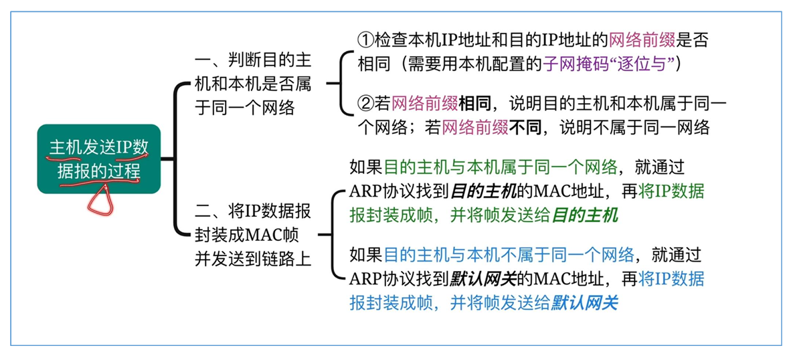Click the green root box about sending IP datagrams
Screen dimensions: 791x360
pyautogui.click(x=98, y=159)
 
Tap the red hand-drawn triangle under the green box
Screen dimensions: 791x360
pyautogui.click(x=101, y=201)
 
